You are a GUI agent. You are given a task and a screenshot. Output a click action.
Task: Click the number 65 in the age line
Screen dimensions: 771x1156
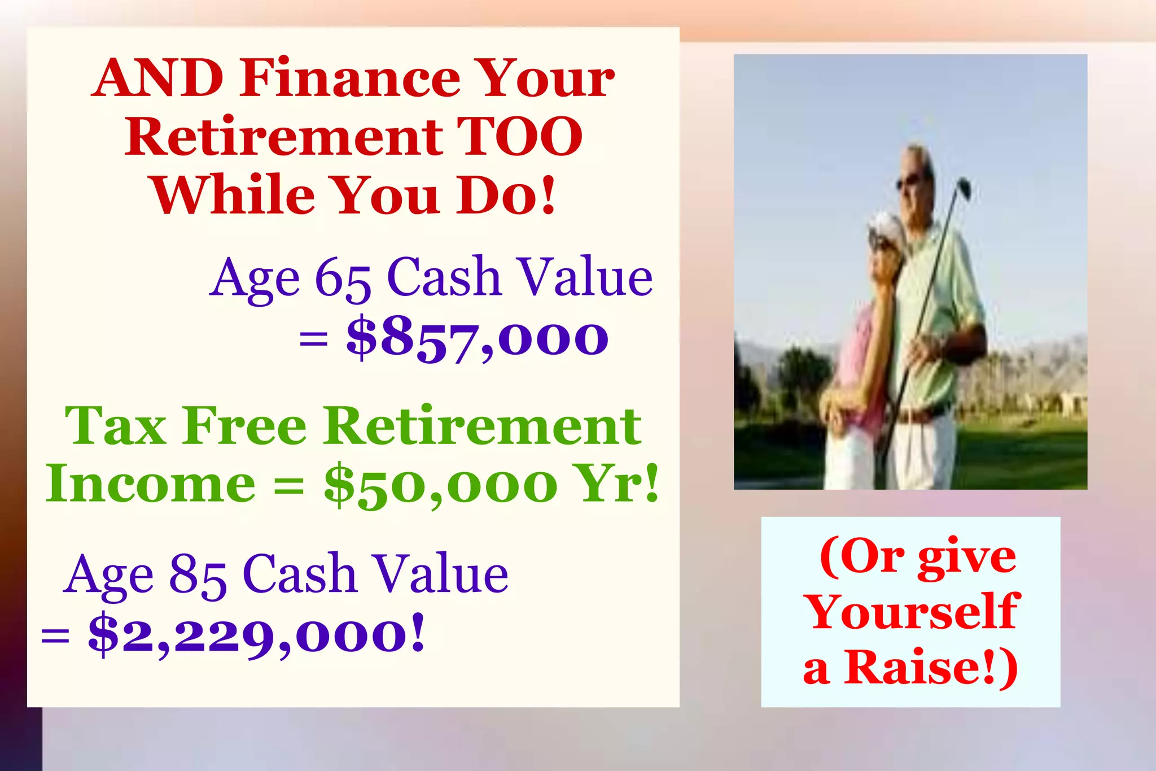point(342,278)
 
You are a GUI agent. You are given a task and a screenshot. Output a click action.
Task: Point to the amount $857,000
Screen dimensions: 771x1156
point(478,339)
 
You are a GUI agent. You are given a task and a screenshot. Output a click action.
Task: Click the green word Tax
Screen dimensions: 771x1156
point(116,426)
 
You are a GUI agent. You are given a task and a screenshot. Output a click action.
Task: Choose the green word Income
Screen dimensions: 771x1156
point(151,485)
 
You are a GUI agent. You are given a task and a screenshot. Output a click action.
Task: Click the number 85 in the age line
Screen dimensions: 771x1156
point(198,575)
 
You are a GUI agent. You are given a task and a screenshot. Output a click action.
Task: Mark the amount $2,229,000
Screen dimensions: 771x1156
point(255,635)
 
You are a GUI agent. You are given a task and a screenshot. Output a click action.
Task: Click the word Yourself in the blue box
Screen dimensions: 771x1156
point(912,612)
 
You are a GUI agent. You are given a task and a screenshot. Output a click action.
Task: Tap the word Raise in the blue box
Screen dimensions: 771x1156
point(921,668)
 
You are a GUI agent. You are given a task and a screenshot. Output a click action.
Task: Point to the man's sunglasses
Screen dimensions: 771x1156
point(908,182)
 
